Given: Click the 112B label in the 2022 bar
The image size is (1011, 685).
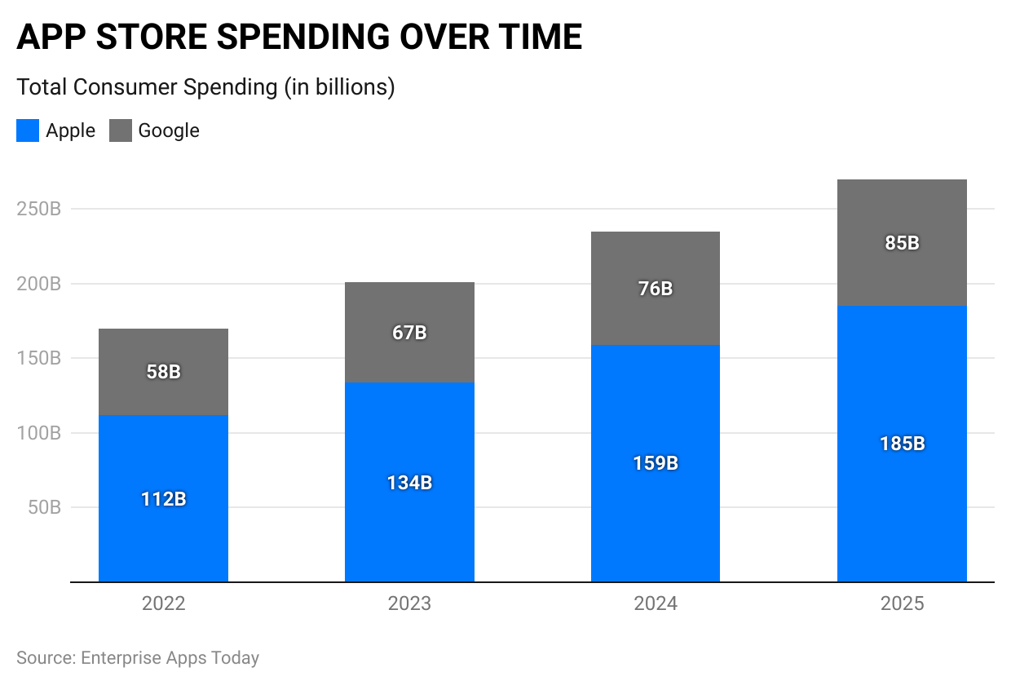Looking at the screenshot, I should click(x=163, y=499).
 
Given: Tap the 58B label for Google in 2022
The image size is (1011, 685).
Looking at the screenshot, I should click(x=163, y=372).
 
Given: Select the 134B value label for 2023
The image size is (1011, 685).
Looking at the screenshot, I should click(x=409, y=483).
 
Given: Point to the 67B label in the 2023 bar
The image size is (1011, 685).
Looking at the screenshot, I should click(x=409, y=333).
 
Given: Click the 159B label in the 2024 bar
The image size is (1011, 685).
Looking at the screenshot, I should click(x=656, y=463).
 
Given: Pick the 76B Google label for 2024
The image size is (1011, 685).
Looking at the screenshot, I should click(x=656, y=289).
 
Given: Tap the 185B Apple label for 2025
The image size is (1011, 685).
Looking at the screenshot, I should click(x=902, y=444).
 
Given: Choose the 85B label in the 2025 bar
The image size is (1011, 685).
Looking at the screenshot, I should click(x=902, y=243).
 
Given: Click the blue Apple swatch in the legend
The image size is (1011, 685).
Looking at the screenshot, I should click(x=28, y=130).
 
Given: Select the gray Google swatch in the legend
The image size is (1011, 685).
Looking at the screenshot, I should click(x=121, y=130).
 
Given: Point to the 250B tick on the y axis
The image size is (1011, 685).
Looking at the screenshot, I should click(x=39, y=209).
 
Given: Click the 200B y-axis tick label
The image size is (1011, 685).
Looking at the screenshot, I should click(x=39, y=284).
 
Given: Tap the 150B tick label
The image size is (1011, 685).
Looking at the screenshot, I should click(x=39, y=358).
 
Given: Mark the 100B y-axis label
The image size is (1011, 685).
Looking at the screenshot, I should click(x=39, y=433).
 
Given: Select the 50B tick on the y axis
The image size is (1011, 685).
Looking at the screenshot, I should click(x=44, y=507).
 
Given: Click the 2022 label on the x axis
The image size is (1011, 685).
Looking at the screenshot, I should click(x=163, y=604).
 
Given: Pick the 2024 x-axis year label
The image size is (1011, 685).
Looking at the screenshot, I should click(x=656, y=604).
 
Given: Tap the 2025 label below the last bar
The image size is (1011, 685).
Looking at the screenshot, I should click(x=902, y=604).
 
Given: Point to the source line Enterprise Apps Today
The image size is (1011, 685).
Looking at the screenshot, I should click(x=138, y=657).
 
